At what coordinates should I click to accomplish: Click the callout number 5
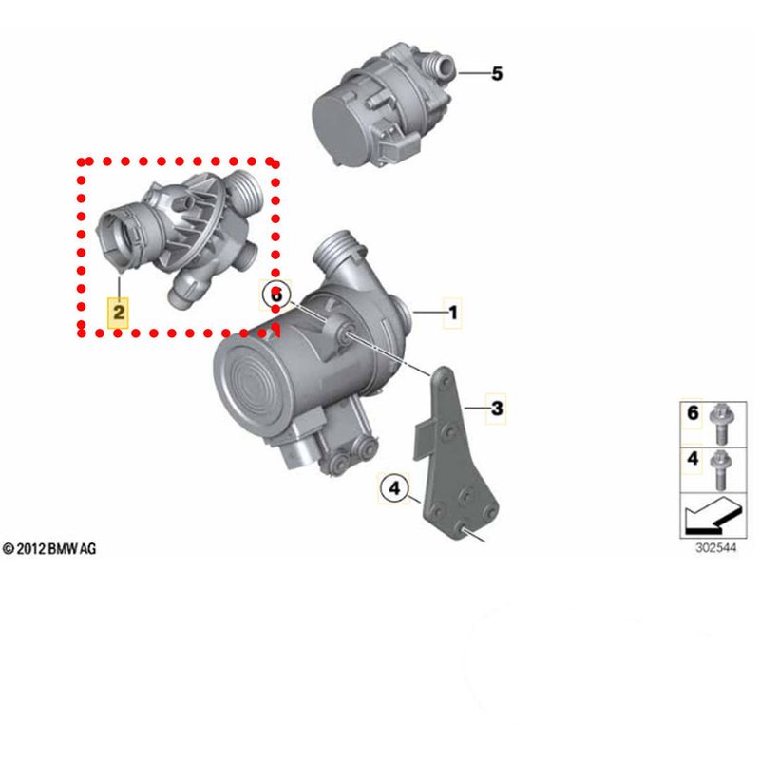[x=497, y=74]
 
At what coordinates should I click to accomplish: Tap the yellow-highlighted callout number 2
[x=119, y=313]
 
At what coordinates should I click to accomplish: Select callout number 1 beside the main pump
[x=453, y=313]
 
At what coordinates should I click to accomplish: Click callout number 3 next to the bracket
[x=497, y=408]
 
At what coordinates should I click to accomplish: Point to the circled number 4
[x=395, y=488]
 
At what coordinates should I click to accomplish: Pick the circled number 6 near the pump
[x=275, y=294]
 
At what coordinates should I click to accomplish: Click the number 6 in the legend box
[x=693, y=413]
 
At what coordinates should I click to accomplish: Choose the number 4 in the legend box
[x=693, y=458]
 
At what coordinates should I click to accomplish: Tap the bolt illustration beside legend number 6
[x=721, y=423]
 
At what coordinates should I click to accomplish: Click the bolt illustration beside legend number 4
[x=721, y=469]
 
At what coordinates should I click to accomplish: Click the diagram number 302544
[x=716, y=548]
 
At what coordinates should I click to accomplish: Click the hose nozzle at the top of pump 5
[x=439, y=66]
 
